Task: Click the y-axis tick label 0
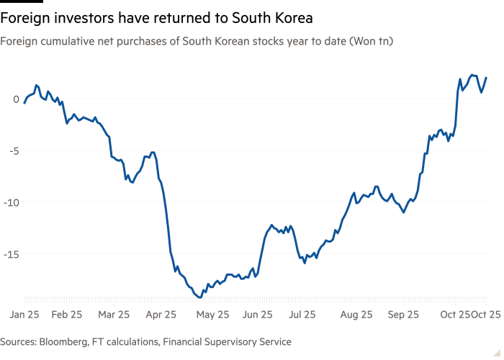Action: point(16,99)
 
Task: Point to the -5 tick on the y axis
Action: point(14,150)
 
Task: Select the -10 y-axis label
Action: point(12,202)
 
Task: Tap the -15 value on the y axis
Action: point(12,253)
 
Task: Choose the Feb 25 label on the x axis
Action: point(68,315)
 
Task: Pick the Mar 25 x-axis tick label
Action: point(114,315)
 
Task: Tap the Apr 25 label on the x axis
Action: point(161,315)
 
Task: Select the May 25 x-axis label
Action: point(213,315)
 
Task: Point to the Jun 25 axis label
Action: point(258,315)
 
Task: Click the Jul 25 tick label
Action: point(302,315)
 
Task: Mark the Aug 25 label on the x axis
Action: point(356,315)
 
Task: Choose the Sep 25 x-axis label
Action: point(404,315)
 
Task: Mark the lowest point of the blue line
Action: point(199,297)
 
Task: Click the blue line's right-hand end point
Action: point(487,77)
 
